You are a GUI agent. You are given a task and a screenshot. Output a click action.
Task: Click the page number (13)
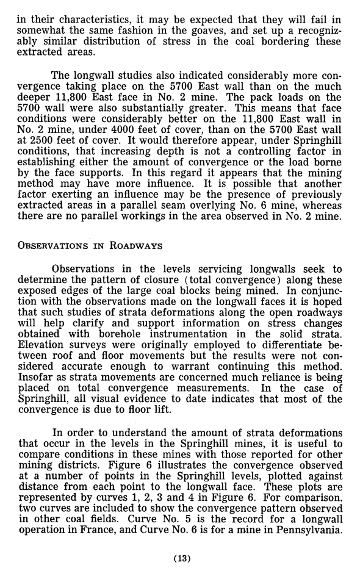[181, 557]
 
